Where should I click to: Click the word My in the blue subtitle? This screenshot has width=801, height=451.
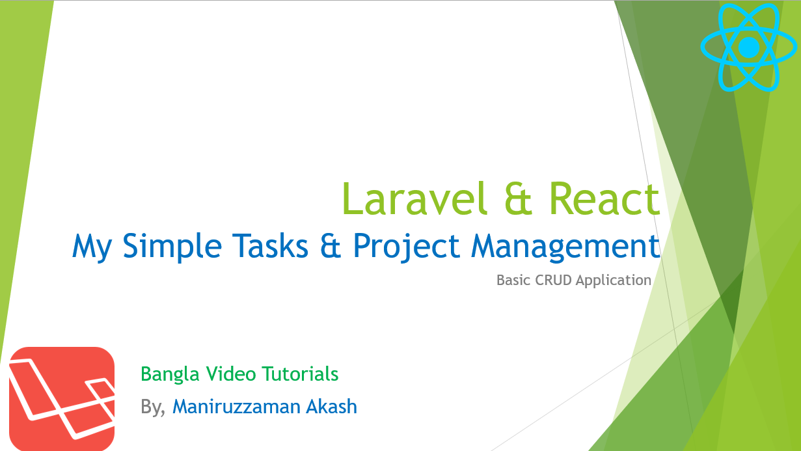[92, 247]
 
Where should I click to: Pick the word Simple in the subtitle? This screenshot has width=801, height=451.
[172, 247]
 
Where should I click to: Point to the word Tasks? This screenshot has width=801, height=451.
[270, 246]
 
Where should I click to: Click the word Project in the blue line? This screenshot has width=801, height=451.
[407, 247]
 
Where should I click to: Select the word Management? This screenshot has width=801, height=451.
[565, 247]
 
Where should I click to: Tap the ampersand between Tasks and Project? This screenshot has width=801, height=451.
[331, 246]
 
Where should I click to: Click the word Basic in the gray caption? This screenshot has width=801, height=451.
[513, 280]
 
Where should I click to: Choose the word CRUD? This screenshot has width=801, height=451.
[553, 280]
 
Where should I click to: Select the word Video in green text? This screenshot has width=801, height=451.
[231, 374]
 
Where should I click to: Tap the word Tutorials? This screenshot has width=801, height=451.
[300, 374]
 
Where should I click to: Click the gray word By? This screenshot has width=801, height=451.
[153, 407]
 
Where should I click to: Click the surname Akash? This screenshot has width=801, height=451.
[331, 407]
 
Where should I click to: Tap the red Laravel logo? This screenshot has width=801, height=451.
[62, 399]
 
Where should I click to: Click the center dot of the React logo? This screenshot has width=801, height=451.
[749, 47]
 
